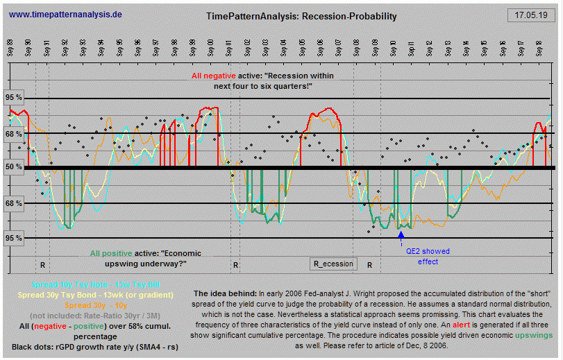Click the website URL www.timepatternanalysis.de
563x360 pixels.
[x=66, y=14]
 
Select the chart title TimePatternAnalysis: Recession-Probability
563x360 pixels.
[x=302, y=16]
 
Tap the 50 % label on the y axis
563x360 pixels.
[x=14, y=167]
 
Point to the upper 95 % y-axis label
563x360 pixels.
[x=14, y=98]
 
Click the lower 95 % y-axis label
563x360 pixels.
[x=14, y=238]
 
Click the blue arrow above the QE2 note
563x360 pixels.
[x=401, y=237]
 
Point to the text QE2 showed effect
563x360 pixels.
[x=428, y=257]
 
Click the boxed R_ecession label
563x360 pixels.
[x=333, y=264]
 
